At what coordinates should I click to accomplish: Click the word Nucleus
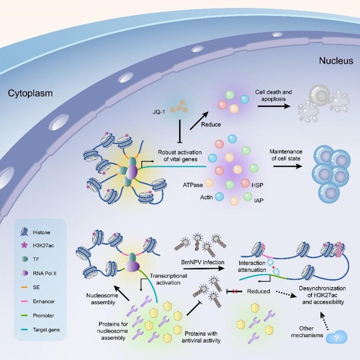click(x=336, y=61)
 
